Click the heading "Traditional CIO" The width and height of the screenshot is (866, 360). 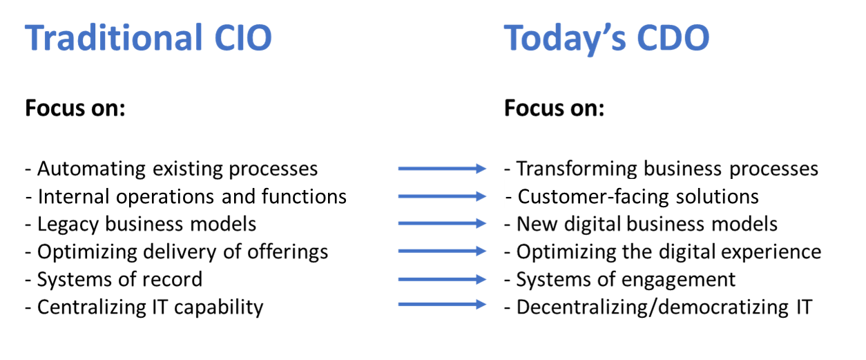point(148,37)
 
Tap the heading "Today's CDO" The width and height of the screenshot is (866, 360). point(607,39)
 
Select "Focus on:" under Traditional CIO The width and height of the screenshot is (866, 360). point(75,108)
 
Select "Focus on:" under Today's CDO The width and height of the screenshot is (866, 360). point(555,108)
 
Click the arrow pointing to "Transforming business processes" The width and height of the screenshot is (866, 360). point(442,169)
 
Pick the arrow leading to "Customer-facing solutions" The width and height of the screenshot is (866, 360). point(442,196)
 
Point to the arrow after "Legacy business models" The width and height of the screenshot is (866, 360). point(442,223)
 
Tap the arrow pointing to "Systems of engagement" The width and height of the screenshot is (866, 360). point(442,279)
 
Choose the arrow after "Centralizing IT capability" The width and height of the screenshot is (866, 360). point(442,305)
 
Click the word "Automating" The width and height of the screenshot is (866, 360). point(92,169)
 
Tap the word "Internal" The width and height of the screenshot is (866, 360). point(73,196)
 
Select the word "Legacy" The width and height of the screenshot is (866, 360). point(68,225)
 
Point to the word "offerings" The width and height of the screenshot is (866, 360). point(288,252)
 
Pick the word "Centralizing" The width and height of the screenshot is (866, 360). point(92,308)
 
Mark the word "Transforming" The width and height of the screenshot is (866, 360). point(577,169)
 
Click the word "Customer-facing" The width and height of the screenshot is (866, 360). point(593,197)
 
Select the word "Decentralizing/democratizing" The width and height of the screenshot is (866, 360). point(653,308)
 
